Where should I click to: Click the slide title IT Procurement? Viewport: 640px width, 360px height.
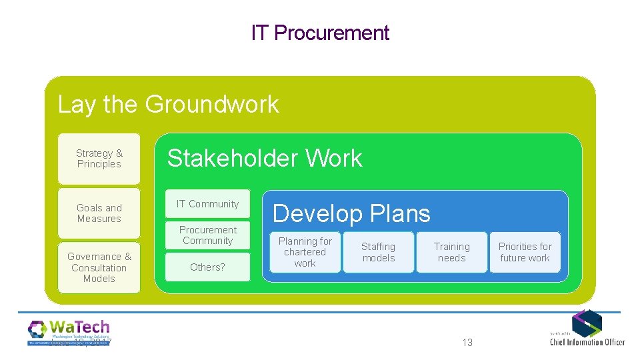320,33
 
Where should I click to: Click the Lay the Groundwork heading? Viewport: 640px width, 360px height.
168,105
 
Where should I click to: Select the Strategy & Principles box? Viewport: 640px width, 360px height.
99,159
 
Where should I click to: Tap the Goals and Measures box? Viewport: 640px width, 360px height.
99,213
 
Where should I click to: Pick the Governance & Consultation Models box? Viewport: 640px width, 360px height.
99,267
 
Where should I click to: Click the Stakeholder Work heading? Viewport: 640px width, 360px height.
264,159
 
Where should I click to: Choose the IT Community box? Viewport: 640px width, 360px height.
207,204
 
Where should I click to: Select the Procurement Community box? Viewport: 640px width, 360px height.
207,235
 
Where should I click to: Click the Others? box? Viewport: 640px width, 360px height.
207,267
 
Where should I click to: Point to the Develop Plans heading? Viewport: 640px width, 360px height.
351,213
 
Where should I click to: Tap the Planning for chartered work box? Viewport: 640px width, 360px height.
305,252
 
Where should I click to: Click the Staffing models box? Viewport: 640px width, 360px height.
378,252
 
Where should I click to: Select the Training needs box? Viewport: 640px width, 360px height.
451,252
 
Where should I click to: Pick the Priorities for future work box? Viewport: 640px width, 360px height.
525,252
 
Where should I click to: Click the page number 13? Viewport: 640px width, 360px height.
467,342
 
